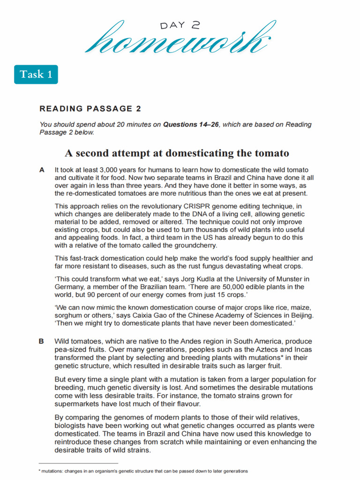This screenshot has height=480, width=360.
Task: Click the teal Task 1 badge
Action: (x=36, y=75)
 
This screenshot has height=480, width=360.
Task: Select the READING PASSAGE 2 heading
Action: (x=90, y=109)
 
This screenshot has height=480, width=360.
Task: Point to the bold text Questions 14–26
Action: (x=191, y=125)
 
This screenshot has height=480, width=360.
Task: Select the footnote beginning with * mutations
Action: (x=143, y=471)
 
